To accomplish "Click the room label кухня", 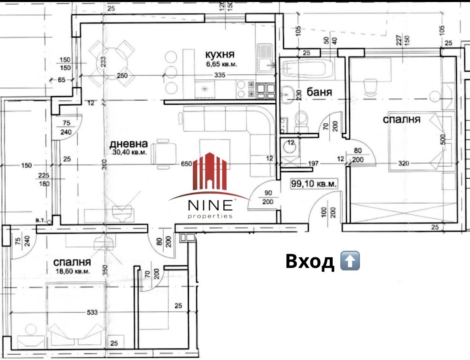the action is point(219,55).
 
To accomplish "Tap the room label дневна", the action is point(128,144).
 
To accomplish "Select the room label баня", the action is point(319,92).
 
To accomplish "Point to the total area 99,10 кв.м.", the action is point(314,183).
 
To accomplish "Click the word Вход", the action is point(310,261).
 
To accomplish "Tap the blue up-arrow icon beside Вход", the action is point(350,261).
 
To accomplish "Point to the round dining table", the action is point(112,63).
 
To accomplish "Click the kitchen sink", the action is point(264,59).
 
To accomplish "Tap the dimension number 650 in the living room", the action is point(186,164).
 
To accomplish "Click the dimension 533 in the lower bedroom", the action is point(92,312).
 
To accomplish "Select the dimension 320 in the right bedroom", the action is point(403,163).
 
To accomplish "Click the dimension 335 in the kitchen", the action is point(220,75).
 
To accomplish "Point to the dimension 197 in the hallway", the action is point(313,163).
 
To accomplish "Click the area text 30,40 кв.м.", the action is point(130,152).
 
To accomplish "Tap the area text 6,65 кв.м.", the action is point(221,64).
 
